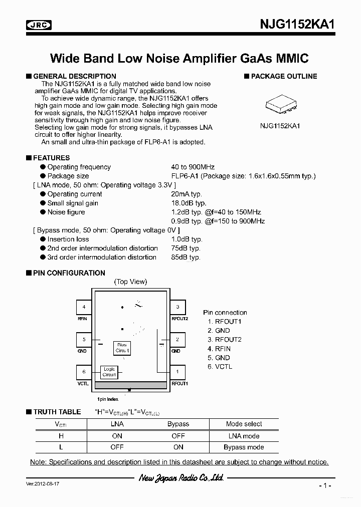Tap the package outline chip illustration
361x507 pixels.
(x=280, y=104)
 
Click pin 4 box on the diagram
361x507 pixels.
(x=84, y=307)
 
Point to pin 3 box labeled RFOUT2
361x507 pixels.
(x=177, y=307)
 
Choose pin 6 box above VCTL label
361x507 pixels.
(x=84, y=372)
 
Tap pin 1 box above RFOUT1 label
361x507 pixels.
(x=177, y=372)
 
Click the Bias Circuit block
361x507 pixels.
(x=122, y=348)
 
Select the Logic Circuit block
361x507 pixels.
(x=109, y=372)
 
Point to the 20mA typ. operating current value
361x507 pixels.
(x=186, y=194)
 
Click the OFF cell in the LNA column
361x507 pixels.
(x=117, y=447)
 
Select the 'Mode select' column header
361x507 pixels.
(x=244, y=424)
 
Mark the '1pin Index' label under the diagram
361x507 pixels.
(x=108, y=399)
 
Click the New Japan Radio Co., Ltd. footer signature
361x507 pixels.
(x=181, y=478)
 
